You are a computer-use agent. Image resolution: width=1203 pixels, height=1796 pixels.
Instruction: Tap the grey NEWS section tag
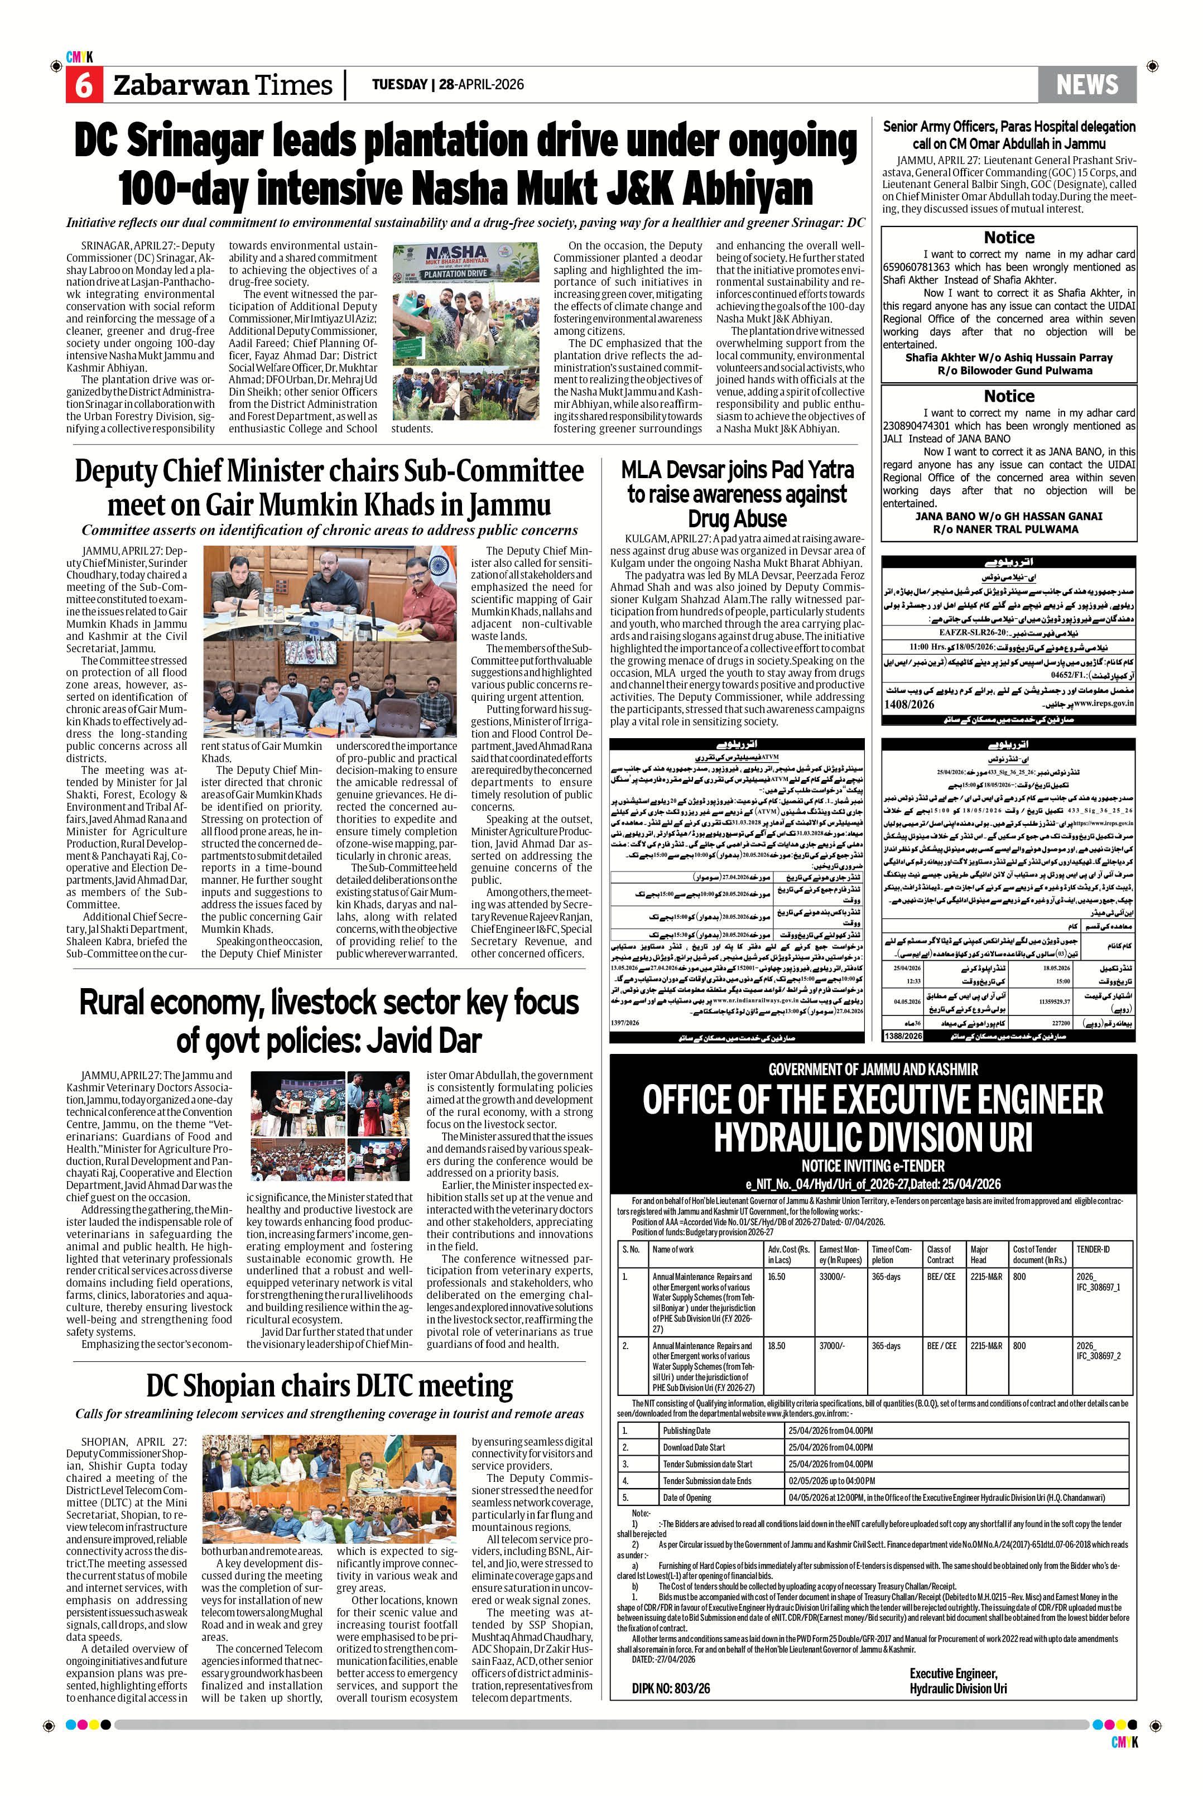pos(1086,84)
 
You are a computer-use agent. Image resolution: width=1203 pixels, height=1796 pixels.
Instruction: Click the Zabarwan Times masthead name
pos(223,85)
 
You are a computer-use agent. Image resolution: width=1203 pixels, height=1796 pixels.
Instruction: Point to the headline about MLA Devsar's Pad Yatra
pos(737,493)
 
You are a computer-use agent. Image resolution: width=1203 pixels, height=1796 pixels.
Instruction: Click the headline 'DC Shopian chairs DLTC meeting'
pos(330,1385)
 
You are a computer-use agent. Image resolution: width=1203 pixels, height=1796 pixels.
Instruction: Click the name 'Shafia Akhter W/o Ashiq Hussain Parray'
pos(1008,358)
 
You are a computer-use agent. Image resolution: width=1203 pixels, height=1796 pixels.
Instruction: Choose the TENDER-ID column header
pos(1093,1249)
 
